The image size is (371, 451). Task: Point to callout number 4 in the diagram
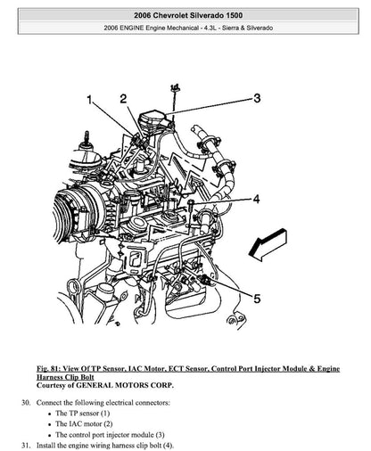(x=255, y=198)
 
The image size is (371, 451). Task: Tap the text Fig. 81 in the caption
(x=50, y=368)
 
